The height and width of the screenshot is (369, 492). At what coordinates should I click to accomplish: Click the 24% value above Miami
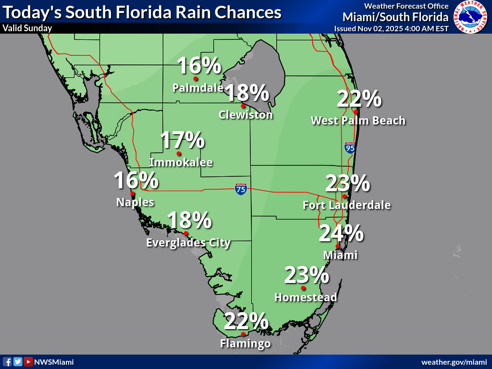click(x=341, y=234)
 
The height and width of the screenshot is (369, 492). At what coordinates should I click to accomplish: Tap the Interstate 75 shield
click(x=241, y=189)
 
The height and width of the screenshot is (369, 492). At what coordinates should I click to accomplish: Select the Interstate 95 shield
click(x=350, y=148)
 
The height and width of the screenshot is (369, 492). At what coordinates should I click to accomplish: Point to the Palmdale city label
click(x=197, y=88)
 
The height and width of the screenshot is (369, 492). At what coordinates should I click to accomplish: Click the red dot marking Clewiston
click(x=243, y=106)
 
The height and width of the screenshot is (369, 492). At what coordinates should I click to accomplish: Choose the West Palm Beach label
click(x=358, y=120)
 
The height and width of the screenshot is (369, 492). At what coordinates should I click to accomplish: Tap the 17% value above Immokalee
click(x=182, y=140)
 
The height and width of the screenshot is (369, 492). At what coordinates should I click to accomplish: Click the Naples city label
click(x=135, y=202)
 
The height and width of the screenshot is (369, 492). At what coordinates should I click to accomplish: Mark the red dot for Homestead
click(x=303, y=288)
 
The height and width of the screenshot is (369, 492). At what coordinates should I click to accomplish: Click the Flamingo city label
click(x=245, y=344)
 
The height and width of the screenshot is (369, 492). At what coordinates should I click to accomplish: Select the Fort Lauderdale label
click(x=346, y=205)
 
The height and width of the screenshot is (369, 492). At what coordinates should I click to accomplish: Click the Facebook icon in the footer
click(x=7, y=362)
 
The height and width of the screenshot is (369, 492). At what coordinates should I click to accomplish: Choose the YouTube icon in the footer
click(x=28, y=362)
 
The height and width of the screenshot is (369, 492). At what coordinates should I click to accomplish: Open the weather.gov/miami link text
click(x=454, y=362)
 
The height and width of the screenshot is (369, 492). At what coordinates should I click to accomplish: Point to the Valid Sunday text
click(x=27, y=28)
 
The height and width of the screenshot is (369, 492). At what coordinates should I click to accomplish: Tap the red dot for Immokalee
click(x=179, y=154)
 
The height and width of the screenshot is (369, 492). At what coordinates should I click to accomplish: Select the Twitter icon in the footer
click(x=18, y=362)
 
